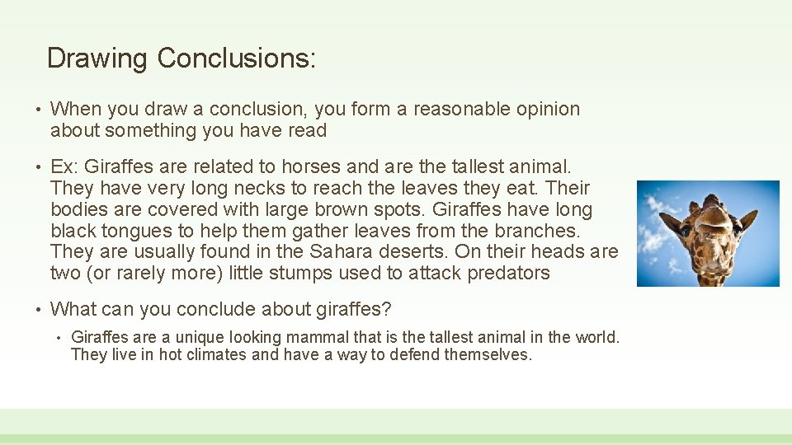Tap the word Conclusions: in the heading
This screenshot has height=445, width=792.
[237, 59]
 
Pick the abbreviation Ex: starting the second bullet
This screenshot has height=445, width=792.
[64, 167]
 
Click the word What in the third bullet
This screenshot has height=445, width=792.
[73, 310]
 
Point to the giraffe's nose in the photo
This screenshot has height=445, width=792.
[713, 216]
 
